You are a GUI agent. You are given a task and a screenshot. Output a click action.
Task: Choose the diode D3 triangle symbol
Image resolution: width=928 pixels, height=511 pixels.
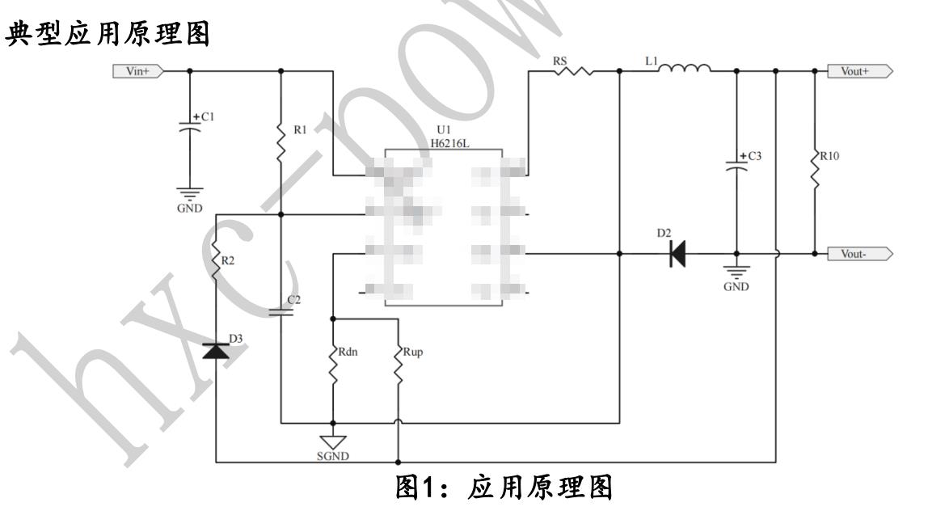216,351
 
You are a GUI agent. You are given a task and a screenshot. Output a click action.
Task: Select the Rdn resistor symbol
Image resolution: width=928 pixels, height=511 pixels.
332,366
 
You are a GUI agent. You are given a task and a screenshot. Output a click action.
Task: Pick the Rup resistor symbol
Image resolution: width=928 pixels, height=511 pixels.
399,366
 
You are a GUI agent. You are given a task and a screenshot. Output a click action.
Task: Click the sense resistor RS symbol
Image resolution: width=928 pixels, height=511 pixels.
572,71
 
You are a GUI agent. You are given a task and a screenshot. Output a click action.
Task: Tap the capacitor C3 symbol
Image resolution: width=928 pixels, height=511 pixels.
736,166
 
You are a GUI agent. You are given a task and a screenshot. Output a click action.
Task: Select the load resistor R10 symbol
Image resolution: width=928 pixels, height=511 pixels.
815,169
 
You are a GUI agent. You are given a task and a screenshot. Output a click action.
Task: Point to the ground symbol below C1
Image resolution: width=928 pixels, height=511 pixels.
190,194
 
